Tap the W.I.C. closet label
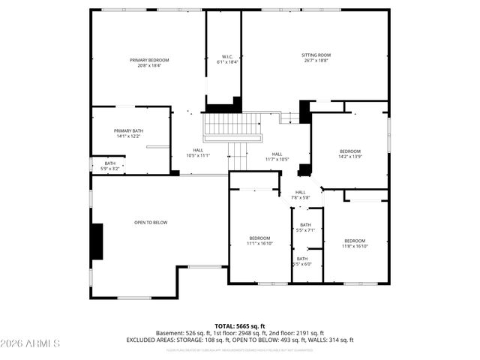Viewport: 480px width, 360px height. tap(227, 60)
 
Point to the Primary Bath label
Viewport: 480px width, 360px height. tap(128, 133)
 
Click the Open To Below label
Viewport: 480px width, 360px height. tap(151, 223)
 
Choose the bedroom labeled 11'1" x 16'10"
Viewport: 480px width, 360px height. tap(259, 241)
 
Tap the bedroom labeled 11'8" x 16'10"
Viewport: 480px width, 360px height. tap(354, 243)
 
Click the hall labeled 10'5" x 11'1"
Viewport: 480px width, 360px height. tap(198, 153)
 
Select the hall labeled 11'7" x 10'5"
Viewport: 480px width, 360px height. tap(277, 157)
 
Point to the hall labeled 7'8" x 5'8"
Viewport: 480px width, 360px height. tap(300, 195)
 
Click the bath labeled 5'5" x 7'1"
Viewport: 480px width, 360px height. tap(305, 228)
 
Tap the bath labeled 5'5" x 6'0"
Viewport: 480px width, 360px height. tap(302, 262)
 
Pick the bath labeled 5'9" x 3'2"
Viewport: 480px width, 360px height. tap(110, 166)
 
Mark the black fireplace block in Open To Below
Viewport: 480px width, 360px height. tap(97, 241)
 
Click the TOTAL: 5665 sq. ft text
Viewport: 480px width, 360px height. tap(240, 325)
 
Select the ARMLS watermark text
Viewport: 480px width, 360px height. tap(31, 344)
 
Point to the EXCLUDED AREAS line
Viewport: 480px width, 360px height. tap(240, 340)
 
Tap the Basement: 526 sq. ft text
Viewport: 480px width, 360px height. tap(182, 333)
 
